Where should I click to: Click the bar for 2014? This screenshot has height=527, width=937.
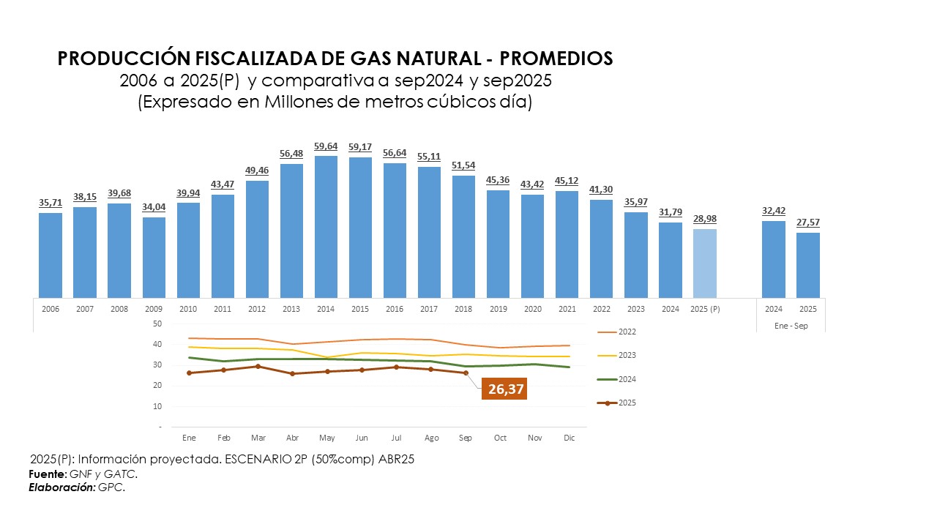click(x=326, y=227)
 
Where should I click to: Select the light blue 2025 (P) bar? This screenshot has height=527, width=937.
click(x=705, y=263)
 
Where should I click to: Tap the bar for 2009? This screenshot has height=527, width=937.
click(x=154, y=258)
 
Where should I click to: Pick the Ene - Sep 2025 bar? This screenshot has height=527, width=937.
click(x=808, y=265)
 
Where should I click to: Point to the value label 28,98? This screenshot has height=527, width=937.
click(x=705, y=218)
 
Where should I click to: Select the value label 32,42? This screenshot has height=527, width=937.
click(x=774, y=210)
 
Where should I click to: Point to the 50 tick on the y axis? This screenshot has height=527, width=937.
click(x=157, y=324)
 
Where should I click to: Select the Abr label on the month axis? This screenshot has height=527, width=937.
click(x=292, y=438)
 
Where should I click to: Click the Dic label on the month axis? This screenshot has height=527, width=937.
click(x=569, y=438)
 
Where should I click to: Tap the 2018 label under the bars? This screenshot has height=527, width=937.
click(x=463, y=309)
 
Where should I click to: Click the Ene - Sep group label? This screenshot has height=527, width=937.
click(x=791, y=326)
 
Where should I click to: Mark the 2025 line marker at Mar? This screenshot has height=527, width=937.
click(x=258, y=366)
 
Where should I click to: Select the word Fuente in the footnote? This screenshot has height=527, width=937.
click(x=46, y=474)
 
